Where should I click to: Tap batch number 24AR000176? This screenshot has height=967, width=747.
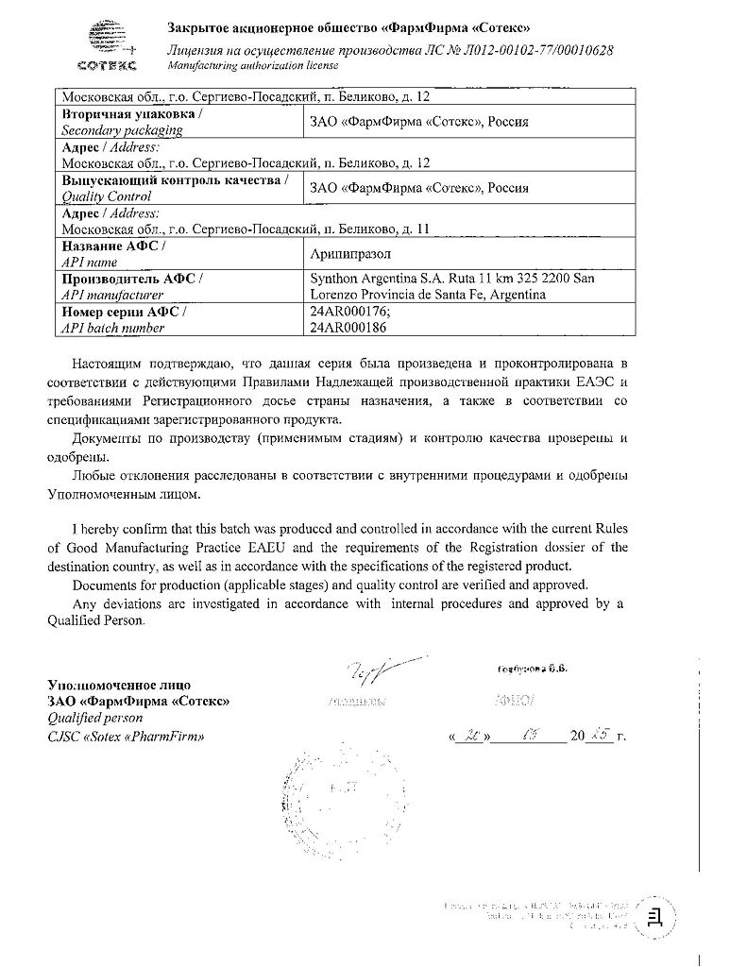tap(347, 311)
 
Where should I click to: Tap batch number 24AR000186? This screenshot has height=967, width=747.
tap(347, 327)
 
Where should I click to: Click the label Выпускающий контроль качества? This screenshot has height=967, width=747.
tap(176, 179)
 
